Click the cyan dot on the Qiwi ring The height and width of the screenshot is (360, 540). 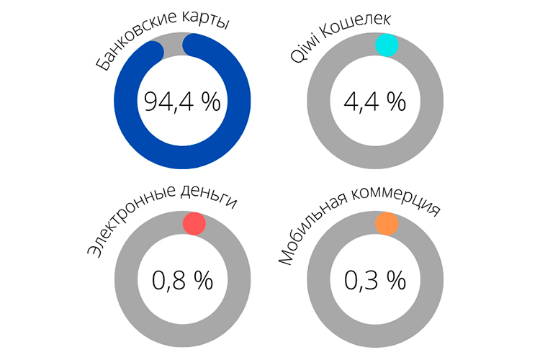coord(387,45)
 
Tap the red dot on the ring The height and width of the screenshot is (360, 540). coord(194,223)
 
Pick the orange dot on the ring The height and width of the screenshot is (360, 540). coord(387,223)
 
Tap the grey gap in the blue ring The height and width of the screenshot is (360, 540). coord(174,46)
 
